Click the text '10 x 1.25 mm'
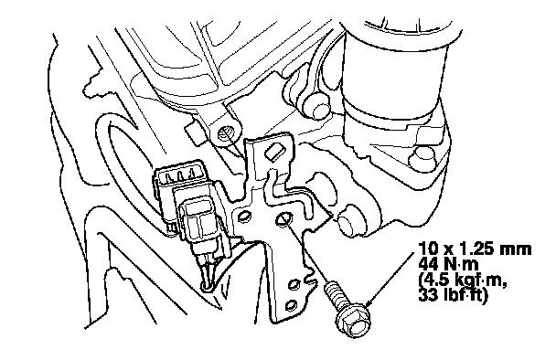click(475, 249)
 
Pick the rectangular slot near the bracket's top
click(274, 153)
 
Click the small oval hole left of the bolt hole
click(243, 217)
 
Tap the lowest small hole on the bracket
click(292, 305)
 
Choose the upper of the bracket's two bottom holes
click(294, 284)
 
